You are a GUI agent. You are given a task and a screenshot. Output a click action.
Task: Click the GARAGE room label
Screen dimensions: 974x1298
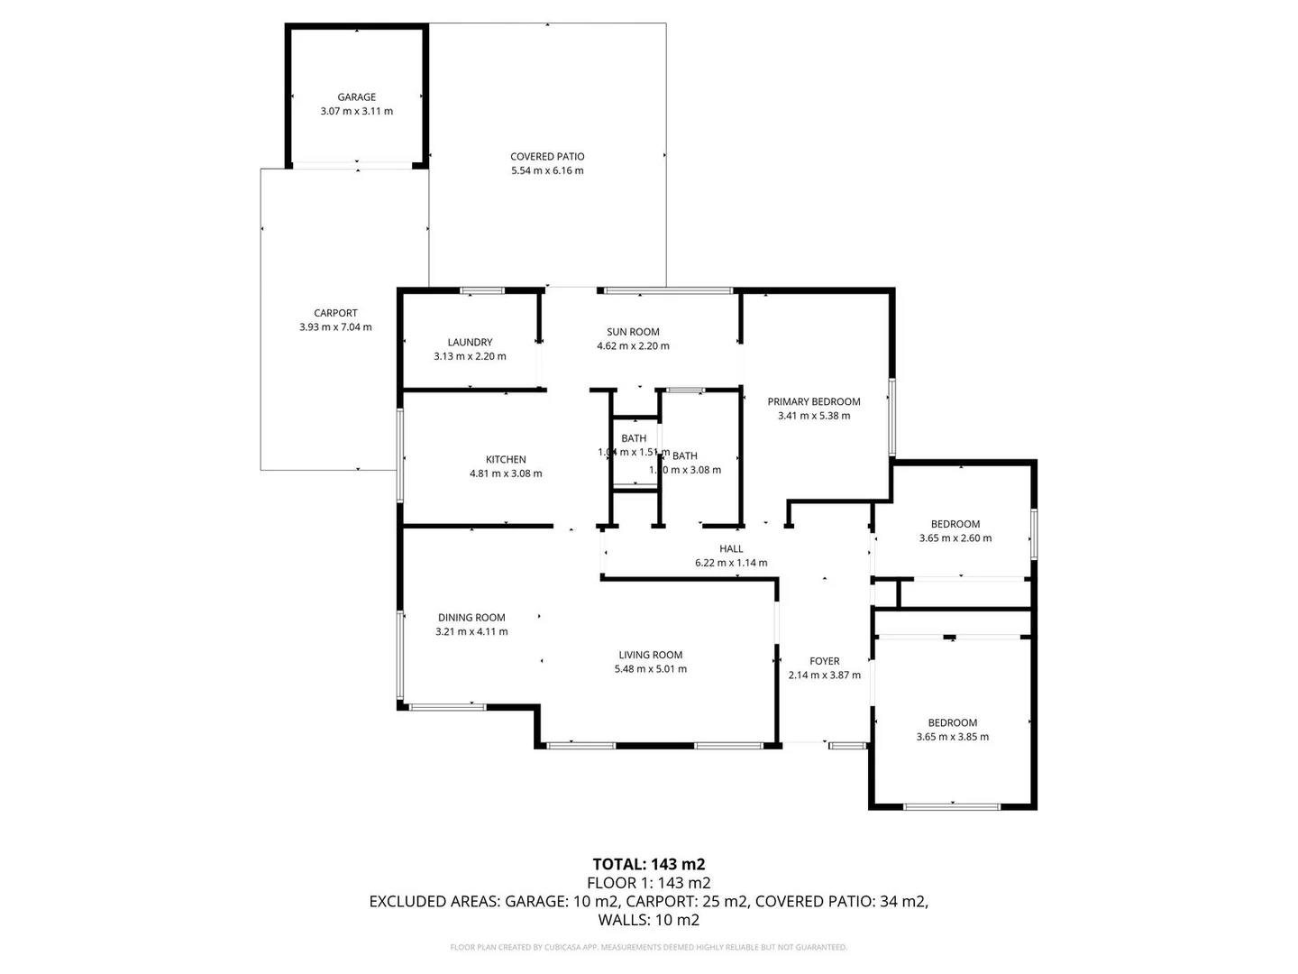356,97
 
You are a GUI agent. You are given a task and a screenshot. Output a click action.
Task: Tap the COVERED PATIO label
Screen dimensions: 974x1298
547,156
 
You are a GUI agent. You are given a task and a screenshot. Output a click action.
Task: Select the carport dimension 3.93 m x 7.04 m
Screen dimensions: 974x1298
335,327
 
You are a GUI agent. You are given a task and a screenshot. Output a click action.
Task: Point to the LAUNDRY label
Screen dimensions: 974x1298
470,342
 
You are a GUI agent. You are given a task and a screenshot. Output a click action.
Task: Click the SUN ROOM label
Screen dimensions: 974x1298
633,332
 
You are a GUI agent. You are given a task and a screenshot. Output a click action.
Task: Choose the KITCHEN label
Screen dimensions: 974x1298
506,459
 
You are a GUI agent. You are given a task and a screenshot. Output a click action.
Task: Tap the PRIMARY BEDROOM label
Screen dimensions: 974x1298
814,401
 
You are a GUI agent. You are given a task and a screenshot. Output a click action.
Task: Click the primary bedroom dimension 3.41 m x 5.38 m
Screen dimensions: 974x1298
814,416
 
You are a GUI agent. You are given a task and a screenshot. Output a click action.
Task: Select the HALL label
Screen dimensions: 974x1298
731,548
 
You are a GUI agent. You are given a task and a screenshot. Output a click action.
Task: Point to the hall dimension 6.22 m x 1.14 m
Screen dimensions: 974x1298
731,563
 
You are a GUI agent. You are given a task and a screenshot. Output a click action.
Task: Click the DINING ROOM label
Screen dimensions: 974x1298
471,618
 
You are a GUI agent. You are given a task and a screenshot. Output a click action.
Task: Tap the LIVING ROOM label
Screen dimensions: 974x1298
650,655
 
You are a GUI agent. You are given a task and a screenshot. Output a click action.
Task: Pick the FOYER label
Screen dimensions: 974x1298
824,661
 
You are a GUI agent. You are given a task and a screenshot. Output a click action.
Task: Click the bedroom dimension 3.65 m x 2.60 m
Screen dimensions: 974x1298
955,538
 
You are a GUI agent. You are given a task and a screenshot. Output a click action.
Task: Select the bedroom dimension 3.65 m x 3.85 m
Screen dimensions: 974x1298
953,737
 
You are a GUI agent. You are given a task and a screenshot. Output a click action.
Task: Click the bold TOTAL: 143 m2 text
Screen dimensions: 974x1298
648,864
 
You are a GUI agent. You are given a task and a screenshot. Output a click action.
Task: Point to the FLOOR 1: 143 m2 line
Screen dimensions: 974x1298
648,883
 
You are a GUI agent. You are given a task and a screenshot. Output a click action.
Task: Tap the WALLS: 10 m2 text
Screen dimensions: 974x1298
648,920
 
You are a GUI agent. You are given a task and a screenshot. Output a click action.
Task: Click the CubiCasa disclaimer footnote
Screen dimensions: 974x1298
648,947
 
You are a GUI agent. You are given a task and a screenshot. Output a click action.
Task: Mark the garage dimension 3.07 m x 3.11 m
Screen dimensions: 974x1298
356,112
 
